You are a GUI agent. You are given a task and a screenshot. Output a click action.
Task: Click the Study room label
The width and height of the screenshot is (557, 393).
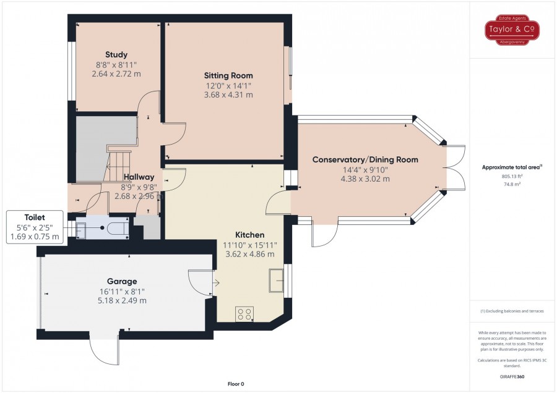click(x=116, y=54)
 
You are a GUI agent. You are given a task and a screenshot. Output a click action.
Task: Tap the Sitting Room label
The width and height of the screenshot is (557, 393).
click(x=228, y=75)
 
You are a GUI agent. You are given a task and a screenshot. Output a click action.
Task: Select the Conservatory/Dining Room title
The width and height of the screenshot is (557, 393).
click(x=365, y=159)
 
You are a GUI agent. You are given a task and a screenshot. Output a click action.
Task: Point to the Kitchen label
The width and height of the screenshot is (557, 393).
click(x=250, y=235)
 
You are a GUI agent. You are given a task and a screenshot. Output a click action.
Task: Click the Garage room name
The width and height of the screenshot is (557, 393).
click(x=122, y=281)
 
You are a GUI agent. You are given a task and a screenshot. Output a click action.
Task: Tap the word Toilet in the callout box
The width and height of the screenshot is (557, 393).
click(x=35, y=218)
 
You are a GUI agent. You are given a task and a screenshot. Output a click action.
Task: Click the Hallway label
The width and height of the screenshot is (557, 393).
click(x=139, y=177)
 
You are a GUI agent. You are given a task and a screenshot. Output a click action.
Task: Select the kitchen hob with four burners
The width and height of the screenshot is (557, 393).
click(x=244, y=314)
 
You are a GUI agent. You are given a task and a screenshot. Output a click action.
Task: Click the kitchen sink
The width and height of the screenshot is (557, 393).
click(x=276, y=280)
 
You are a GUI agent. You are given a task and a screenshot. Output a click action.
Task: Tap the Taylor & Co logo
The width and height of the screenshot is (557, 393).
click(x=512, y=30)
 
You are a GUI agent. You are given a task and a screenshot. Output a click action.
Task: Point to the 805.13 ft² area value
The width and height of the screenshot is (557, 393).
click(x=512, y=176)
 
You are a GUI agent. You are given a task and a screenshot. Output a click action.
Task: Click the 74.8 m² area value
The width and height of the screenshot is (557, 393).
click(x=512, y=184)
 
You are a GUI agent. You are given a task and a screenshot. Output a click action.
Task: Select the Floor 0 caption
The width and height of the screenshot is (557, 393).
click(x=236, y=384)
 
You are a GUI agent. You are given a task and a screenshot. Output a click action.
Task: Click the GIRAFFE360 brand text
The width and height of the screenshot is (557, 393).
click(x=512, y=377)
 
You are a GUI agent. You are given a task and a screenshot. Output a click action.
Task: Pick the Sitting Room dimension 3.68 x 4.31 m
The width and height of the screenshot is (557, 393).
click(x=228, y=95)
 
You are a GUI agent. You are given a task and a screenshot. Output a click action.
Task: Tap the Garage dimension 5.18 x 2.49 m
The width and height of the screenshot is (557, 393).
click(x=122, y=300)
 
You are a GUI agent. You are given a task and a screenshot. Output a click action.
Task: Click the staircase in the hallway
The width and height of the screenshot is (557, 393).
click(x=118, y=166)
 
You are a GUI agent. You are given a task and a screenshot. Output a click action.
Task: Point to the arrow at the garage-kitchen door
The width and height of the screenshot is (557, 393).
click(x=216, y=282)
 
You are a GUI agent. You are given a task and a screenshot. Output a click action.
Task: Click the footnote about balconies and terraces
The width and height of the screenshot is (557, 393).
click(x=512, y=311)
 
